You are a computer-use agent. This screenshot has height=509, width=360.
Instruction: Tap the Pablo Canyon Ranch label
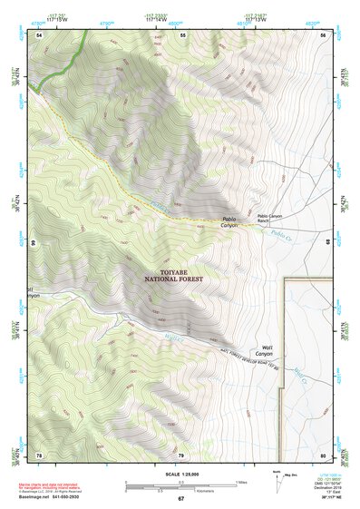[272, 218]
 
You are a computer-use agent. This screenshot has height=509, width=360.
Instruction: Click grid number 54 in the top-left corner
[39, 34]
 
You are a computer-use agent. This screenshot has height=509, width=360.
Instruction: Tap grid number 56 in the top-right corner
[323, 34]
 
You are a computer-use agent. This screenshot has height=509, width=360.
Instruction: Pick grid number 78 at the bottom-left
[39, 454]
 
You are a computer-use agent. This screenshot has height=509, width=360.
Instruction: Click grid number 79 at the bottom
[181, 454]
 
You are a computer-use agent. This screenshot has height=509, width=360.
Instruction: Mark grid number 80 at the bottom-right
[323, 454]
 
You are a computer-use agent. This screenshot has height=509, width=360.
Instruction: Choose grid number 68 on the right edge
[330, 244]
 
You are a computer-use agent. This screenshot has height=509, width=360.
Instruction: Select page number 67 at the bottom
[180, 500]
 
